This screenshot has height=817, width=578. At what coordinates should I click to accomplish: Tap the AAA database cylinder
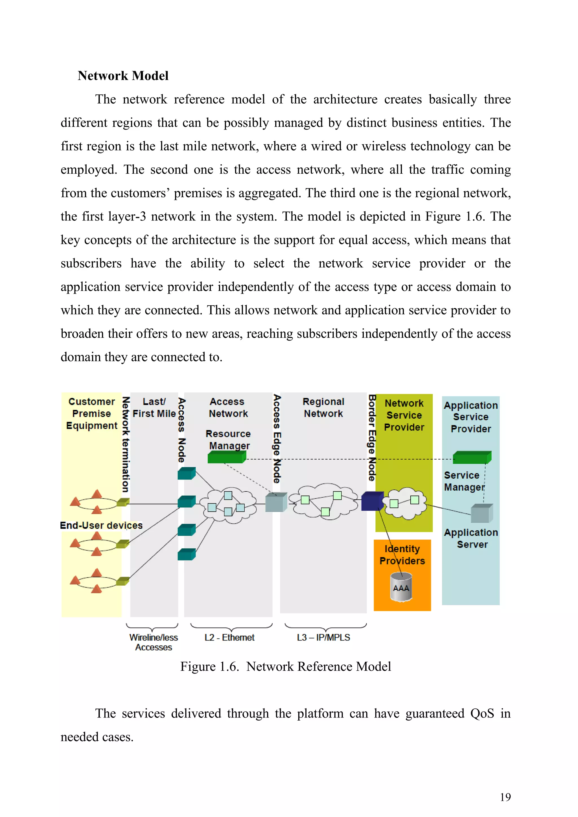click(x=401, y=587)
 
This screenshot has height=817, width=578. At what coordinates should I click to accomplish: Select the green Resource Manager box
click(x=227, y=457)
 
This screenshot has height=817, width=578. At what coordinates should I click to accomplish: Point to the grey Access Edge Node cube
click(x=276, y=502)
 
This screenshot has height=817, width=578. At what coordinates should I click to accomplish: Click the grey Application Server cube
click(x=481, y=513)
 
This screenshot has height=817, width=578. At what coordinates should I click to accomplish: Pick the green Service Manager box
click(x=472, y=458)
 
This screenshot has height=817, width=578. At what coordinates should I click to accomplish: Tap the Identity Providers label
click(x=402, y=555)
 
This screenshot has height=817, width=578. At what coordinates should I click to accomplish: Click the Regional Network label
click(x=323, y=407)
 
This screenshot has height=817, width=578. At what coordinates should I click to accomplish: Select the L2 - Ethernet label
click(x=229, y=637)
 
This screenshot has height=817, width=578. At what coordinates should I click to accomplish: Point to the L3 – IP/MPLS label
click(x=323, y=637)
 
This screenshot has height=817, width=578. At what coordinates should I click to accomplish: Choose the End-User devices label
click(x=101, y=525)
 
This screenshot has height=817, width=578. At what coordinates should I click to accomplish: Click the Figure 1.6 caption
click(x=285, y=666)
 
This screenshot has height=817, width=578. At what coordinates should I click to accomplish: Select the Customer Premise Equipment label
click(x=91, y=414)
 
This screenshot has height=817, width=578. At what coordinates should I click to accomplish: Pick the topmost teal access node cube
click(x=186, y=474)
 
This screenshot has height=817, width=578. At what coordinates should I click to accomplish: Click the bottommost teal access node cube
click(x=186, y=554)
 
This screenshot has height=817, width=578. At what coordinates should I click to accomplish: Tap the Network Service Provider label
click(x=404, y=415)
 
